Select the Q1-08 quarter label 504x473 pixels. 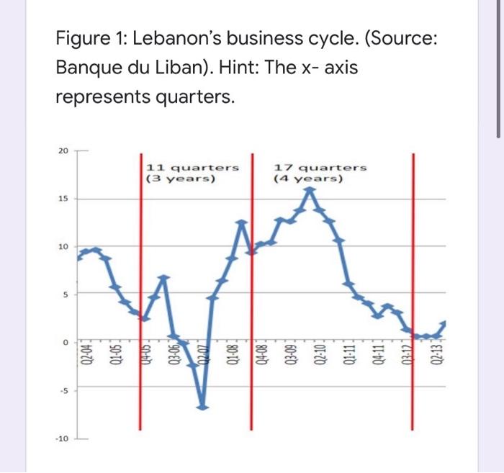click(x=232, y=354)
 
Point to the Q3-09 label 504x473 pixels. click(x=291, y=354)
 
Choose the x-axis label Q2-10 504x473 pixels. click(x=320, y=354)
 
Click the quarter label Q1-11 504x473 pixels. click(x=350, y=354)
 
